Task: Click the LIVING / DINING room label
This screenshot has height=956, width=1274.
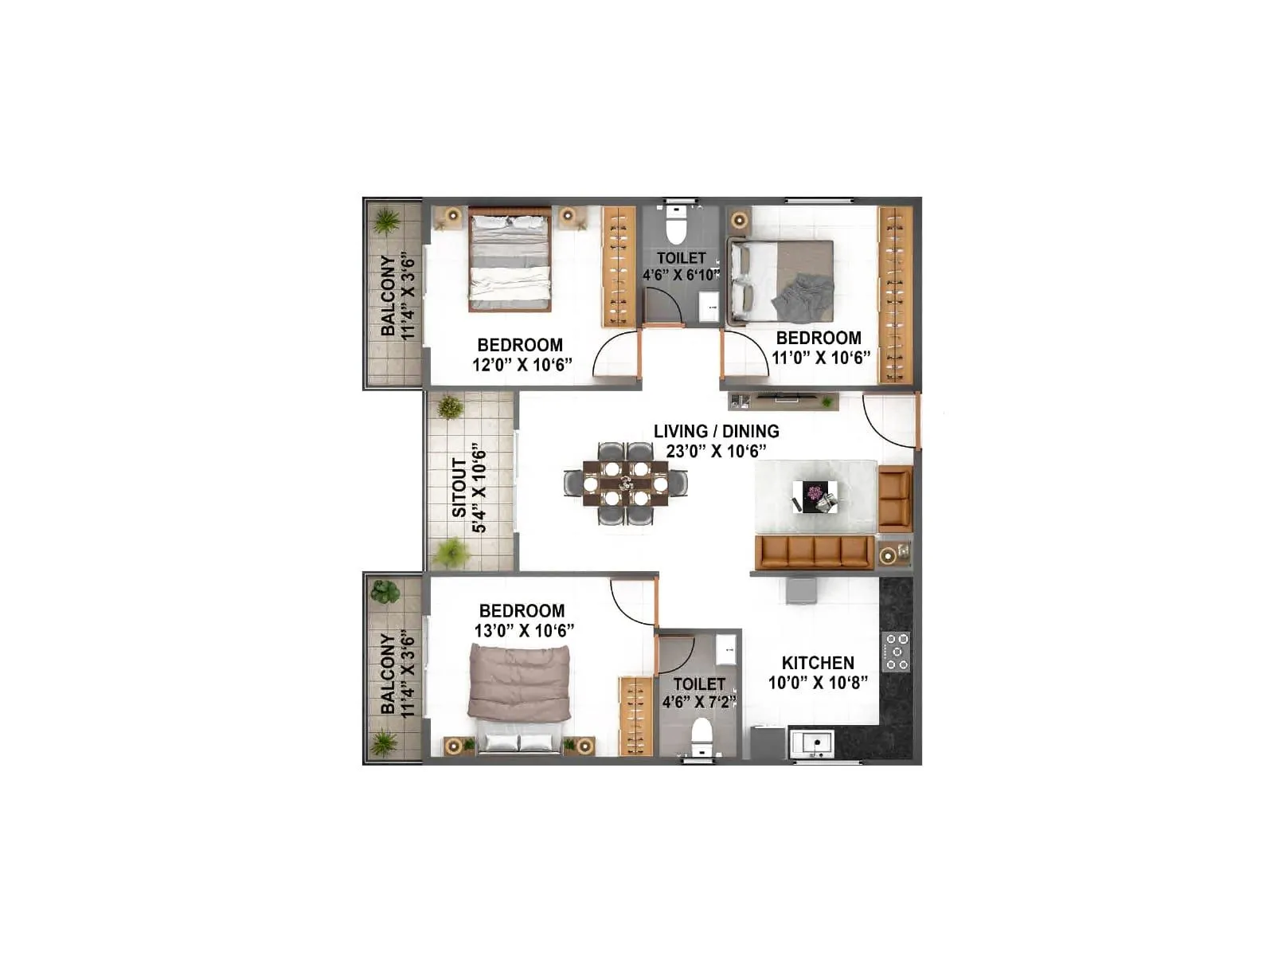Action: [x=716, y=431]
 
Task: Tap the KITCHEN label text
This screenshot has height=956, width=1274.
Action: [x=817, y=663]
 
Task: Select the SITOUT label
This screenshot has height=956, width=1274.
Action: [x=459, y=488]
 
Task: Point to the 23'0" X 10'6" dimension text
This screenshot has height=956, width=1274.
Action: [x=716, y=452]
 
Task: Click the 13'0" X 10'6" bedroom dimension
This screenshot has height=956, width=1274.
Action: [x=524, y=630]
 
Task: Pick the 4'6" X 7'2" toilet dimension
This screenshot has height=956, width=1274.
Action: [x=699, y=702]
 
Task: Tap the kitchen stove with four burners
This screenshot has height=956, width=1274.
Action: [x=896, y=651]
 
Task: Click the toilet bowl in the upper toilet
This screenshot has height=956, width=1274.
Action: [x=675, y=226]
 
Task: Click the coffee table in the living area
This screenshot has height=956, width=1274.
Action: [x=815, y=496]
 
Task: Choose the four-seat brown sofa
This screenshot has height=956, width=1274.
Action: [x=813, y=551]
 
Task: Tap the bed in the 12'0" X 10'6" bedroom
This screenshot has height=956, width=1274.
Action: [x=510, y=259]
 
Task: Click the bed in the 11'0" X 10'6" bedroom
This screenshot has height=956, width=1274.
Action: [x=782, y=280]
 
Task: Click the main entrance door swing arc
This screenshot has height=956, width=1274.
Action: [x=889, y=422]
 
